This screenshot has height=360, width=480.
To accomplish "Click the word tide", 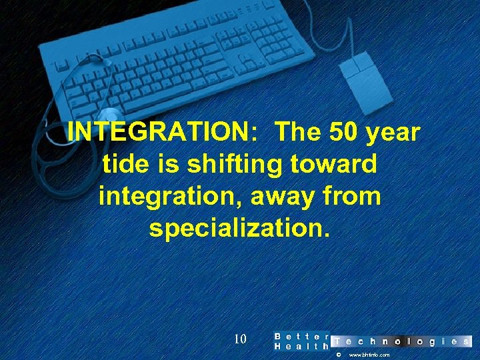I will click(126, 164).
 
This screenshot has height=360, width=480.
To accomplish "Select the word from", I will click(353, 197).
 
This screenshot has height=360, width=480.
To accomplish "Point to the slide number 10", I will click(240, 339).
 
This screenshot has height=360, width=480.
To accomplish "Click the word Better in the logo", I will click(302, 337).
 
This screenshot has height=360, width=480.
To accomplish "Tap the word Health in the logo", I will click(302, 347).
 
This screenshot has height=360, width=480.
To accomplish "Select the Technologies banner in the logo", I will click(401, 341).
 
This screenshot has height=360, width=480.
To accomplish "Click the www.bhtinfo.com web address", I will click(369, 355).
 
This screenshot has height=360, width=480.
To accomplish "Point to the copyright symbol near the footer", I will click(338, 355).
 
